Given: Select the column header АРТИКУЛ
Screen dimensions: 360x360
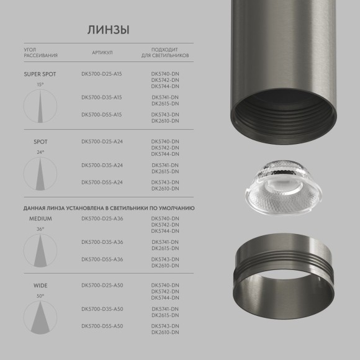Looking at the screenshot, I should (102, 52).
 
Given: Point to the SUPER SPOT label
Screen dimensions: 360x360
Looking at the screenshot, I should (40, 74).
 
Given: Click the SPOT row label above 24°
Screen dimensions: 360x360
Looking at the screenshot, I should (40, 142).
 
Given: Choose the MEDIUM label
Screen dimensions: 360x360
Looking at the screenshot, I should (40, 219).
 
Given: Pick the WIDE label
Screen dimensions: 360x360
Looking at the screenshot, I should (40, 286).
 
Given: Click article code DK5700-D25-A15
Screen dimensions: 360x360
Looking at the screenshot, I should (102, 74).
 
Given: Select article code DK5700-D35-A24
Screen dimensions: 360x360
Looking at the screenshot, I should (102, 165).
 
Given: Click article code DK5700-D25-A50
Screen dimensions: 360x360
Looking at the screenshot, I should (102, 286).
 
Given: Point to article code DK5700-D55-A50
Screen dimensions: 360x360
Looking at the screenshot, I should (102, 326).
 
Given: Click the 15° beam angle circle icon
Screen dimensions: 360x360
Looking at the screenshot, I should (40, 105).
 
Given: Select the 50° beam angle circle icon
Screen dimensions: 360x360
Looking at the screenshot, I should (40, 317).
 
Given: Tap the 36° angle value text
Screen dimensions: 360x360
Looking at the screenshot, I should (40, 229).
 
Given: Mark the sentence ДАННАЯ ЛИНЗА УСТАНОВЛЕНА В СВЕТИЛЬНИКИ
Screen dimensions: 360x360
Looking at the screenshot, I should (109, 208).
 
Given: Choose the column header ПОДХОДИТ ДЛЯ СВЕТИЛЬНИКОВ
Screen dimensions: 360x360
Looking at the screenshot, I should (165, 52).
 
